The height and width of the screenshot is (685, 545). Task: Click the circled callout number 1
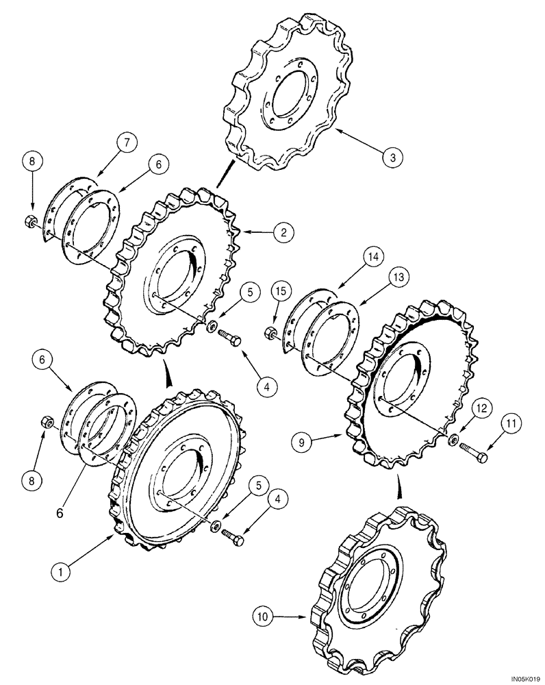coord(62,569)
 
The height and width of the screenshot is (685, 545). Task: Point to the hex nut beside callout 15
coord(269,334)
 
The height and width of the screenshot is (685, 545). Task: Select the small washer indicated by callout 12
coord(453,439)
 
